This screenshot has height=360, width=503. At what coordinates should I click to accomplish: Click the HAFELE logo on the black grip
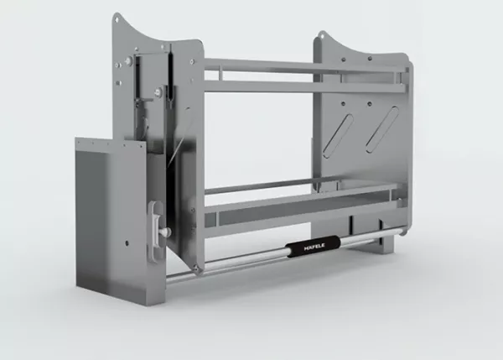[314, 247]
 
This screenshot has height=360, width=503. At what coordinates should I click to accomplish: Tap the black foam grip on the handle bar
[313, 247]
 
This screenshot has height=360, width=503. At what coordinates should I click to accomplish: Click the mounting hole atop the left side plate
[117, 20]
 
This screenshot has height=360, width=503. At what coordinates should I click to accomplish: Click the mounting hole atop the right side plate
[322, 37]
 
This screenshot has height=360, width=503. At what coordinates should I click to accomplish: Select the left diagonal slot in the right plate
[338, 135]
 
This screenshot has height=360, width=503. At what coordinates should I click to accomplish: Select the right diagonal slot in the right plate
[382, 129]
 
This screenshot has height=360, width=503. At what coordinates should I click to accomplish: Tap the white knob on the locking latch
[166, 232]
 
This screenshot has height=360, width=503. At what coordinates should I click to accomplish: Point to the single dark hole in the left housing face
[127, 243]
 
